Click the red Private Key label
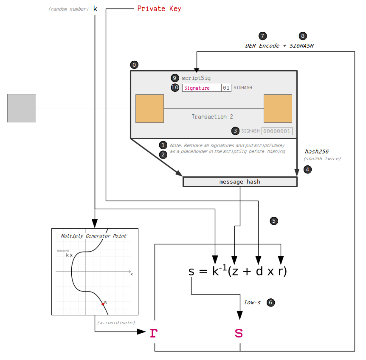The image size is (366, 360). pos(159,9)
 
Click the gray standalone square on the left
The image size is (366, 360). pos(21,108)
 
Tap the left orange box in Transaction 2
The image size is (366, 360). pos(149,109)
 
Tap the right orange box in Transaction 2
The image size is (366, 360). pos(278,109)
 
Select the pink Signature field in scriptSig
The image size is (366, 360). pos(202,88)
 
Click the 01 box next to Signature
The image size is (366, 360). pos(226,88)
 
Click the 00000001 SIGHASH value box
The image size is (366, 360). pos(277,131)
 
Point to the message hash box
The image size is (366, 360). pos(240,181)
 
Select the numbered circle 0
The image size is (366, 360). pos(134,65)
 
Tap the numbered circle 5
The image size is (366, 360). pos(274,221)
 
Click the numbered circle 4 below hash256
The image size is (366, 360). pos(308,169)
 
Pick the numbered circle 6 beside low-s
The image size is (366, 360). pos(270,303)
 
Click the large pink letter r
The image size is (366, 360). pos(154,333)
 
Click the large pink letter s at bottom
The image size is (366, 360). pos(239,333)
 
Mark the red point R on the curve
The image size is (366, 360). pos(103,304)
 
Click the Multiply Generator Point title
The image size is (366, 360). pos(93,236)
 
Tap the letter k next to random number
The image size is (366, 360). pos(95,9)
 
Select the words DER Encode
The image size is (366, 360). pos(262,45)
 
